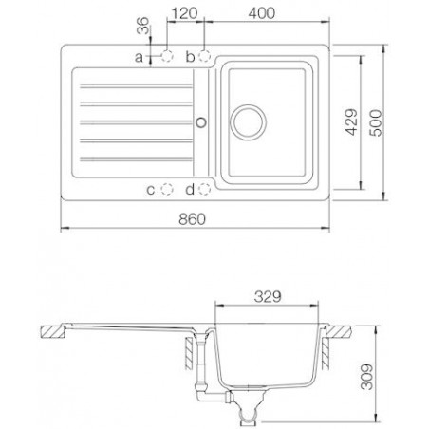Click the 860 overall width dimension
pyautogui.click(x=192, y=219)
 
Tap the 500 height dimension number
pyautogui.click(x=376, y=122)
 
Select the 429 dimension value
pyautogui.click(x=351, y=122)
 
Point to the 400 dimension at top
pyautogui.click(x=262, y=13)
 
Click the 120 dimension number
pyautogui.click(x=185, y=13)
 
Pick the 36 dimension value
pyautogui.click(x=142, y=26)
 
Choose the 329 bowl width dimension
pyautogui.click(x=268, y=297)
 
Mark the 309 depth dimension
pyautogui.click(x=367, y=377)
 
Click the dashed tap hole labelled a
pyautogui.click(x=167, y=56)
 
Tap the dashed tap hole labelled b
pyautogui.click(x=204, y=56)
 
